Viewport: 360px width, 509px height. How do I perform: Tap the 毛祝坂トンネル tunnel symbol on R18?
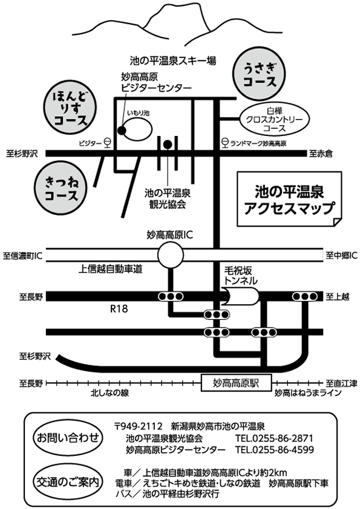point(242,296)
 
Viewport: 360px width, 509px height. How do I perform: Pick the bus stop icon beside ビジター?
point(108,143)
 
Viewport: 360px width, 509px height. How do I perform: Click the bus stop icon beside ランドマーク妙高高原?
point(224,143)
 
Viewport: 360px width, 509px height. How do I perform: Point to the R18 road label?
point(119,308)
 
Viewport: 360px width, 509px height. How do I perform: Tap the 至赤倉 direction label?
point(321,153)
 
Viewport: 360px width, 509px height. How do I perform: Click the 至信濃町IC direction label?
point(23,256)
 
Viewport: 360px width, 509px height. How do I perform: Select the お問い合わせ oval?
point(68,438)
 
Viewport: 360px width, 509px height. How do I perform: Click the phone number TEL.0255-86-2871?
point(274,438)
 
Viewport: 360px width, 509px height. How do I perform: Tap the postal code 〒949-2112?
point(138,426)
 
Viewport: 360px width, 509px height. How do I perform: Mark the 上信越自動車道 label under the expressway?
point(110,269)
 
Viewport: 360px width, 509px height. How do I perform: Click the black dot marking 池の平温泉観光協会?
point(168,144)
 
